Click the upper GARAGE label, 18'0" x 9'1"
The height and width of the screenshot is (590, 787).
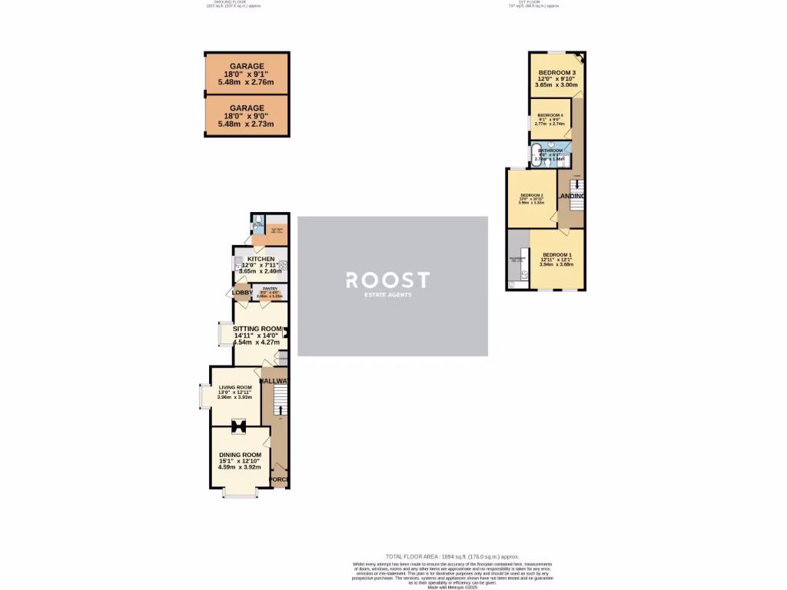pos(246,66)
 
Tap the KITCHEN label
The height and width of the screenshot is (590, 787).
pos(261,260)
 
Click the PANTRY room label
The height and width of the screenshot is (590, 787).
pos(270,289)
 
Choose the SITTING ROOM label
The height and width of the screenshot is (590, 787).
pos(258,328)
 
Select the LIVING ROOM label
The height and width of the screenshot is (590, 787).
pos(235,387)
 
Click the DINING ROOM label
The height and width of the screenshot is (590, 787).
pos(240,455)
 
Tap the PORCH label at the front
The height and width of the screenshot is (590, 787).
pos(279,480)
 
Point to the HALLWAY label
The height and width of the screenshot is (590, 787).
pos(275,381)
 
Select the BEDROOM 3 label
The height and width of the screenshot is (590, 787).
pos(556,73)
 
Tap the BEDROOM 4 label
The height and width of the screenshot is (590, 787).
pos(550,115)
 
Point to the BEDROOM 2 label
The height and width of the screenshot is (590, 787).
pos(532,195)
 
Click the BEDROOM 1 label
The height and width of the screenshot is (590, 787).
pos(557,254)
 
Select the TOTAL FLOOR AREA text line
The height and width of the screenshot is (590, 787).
pos(440,555)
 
